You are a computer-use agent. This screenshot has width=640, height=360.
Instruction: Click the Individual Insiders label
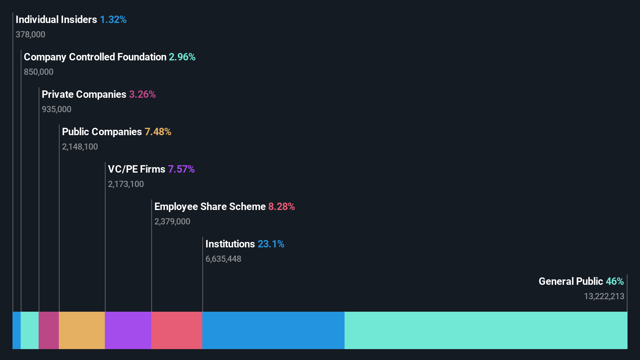pos(56,19)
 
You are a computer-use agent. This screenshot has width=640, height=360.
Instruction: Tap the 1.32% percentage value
pos(113,19)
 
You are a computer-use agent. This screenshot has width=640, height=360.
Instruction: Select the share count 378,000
pos(30,35)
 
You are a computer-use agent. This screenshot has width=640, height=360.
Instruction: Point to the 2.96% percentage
pos(182,57)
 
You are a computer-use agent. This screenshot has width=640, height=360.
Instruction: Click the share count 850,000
pos(39,72)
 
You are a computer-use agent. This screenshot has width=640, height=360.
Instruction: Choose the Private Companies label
pos(84,94)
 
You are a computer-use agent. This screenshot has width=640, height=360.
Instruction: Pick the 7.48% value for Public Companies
pos(158,132)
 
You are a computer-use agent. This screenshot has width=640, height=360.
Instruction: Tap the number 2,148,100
pos(80,147)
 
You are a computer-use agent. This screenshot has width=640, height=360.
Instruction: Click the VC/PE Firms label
pos(136,169)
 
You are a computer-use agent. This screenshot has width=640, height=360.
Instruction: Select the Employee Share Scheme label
pos(210,206)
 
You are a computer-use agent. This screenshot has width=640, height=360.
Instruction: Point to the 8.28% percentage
pos(281,206)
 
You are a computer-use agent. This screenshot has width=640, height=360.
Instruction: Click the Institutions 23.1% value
pos(271,244)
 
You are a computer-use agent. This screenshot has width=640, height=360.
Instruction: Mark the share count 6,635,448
pos(223,259)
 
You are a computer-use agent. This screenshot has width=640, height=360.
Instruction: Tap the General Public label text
pos(571,281)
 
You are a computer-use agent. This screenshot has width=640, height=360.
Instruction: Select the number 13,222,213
pos(604,296)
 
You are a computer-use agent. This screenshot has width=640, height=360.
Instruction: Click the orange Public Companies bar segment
pos(82,330)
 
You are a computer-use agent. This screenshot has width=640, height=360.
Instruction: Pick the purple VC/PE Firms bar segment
pos(128,330)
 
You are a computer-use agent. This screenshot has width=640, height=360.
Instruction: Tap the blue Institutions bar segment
pos(273,330)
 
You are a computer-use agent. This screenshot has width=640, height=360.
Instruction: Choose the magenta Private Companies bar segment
pos(49,330)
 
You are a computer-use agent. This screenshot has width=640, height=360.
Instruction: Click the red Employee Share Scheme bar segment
pos(177,330)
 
